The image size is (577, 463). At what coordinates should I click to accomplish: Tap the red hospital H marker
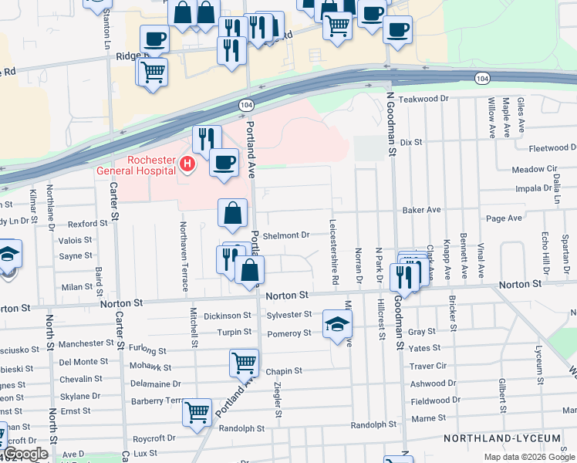[x=186, y=164]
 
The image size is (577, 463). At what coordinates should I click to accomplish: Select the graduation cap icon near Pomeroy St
[x=337, y=324]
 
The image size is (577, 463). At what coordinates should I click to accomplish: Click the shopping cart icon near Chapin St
[x=245, y=362]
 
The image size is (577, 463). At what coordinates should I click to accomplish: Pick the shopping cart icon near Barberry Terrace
[x=197, y=412]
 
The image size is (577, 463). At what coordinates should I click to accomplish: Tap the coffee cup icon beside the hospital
[x=224, y=163]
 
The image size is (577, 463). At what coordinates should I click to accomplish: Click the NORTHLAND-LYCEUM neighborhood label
[x=501, y=438]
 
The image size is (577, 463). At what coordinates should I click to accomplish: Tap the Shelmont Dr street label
[x=285, y=235]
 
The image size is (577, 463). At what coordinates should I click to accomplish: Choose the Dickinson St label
[x=228, y=316]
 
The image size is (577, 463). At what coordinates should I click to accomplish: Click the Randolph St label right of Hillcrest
[x=373, y=424]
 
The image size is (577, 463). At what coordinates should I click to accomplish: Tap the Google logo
[x=26, y=454]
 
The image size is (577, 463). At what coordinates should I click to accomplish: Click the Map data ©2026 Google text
[x=529, y=457]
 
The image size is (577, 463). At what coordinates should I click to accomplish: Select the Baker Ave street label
[x=421, y=210]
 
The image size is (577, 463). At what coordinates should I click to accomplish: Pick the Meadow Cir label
[x=534, y=169]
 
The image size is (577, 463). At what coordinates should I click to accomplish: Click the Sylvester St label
[x=288, y=315]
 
